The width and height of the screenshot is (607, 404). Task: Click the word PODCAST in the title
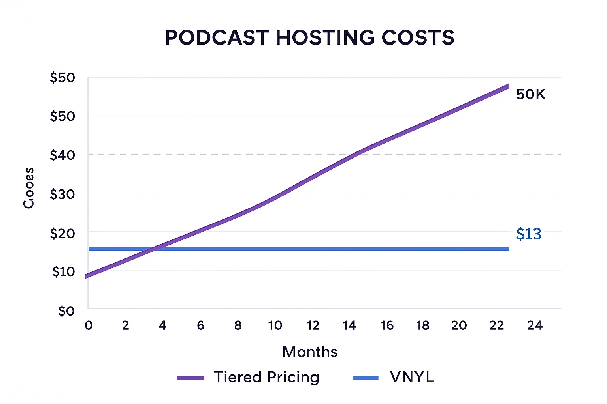(x=217, y=38)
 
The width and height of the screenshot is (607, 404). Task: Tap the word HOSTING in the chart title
(x=325, y=38)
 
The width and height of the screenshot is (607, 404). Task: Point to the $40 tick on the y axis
(x=62, y=155)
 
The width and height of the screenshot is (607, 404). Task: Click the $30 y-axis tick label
(x=62, y=194)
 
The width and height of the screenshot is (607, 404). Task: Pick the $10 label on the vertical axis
(x=63, y=271)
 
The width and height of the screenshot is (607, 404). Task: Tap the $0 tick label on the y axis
(x=66, y=311)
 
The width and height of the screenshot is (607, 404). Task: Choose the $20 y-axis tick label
(x=62, y=233)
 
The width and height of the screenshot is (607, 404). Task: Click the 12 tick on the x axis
(x=313, y=325)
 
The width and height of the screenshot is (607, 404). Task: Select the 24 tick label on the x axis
(x=535, y=325)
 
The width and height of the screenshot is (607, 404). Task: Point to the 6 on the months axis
(x=201, y=325)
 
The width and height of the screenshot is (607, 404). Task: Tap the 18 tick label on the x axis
(x=422, y=325)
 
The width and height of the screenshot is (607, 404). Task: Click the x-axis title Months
(x=310, y=352)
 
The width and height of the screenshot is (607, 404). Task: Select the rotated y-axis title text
(x=28, y=188)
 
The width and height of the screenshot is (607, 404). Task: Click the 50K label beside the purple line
(x=531, y=95)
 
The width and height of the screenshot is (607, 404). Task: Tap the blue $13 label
(x=528, y=234)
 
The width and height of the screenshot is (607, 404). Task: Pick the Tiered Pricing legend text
(x=266, y=377)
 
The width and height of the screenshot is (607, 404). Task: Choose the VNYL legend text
(x=412, y=377)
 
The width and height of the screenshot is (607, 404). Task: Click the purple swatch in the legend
(x=190, y=378)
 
